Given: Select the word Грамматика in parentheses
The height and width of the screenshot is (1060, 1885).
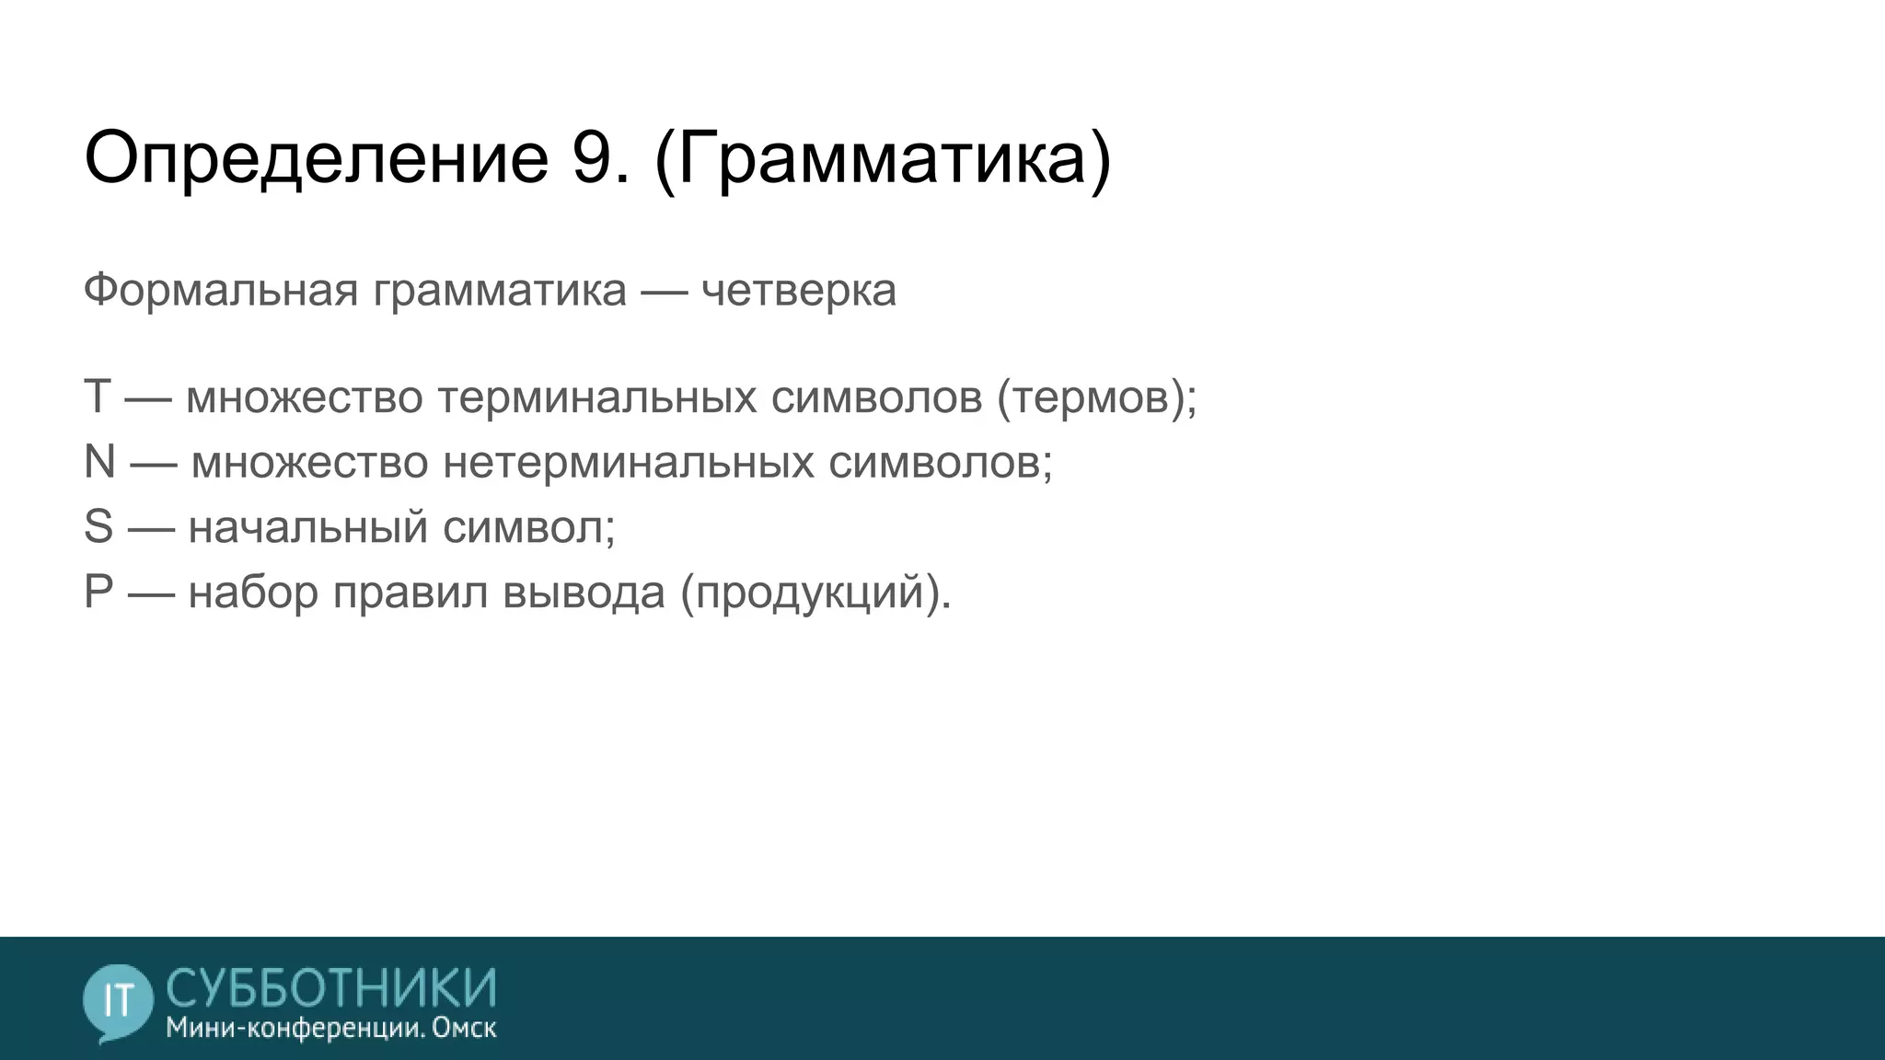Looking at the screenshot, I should [x=883, y=158].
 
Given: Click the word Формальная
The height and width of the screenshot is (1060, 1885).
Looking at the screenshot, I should [x=221, y=291].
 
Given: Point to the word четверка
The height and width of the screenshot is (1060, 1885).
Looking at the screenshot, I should [x=798, y=291].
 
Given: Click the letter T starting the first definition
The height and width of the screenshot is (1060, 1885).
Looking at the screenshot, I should [x=97, y=397].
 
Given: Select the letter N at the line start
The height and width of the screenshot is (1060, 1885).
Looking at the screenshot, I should [x=99, y=462].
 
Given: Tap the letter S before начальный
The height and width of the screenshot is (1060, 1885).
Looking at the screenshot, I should [x=98, y=527].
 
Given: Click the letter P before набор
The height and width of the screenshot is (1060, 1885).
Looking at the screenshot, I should [x=98, y=592].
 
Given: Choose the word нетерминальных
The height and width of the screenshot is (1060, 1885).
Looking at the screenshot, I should [x=629, y=462].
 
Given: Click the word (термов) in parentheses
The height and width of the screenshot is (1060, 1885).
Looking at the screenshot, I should [x=1095, y=397].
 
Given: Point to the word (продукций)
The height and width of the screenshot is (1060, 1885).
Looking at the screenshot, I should [x=815, y=592].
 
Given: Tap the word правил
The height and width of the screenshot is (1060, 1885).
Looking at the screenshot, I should [x=410, y=592].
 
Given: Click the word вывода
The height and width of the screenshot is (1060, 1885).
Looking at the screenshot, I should [x=584, y=592].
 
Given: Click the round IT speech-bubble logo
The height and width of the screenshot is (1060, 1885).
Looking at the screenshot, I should [x=118, y=1001].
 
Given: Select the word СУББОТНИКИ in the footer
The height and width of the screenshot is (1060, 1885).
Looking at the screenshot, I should [x=331, y=987].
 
